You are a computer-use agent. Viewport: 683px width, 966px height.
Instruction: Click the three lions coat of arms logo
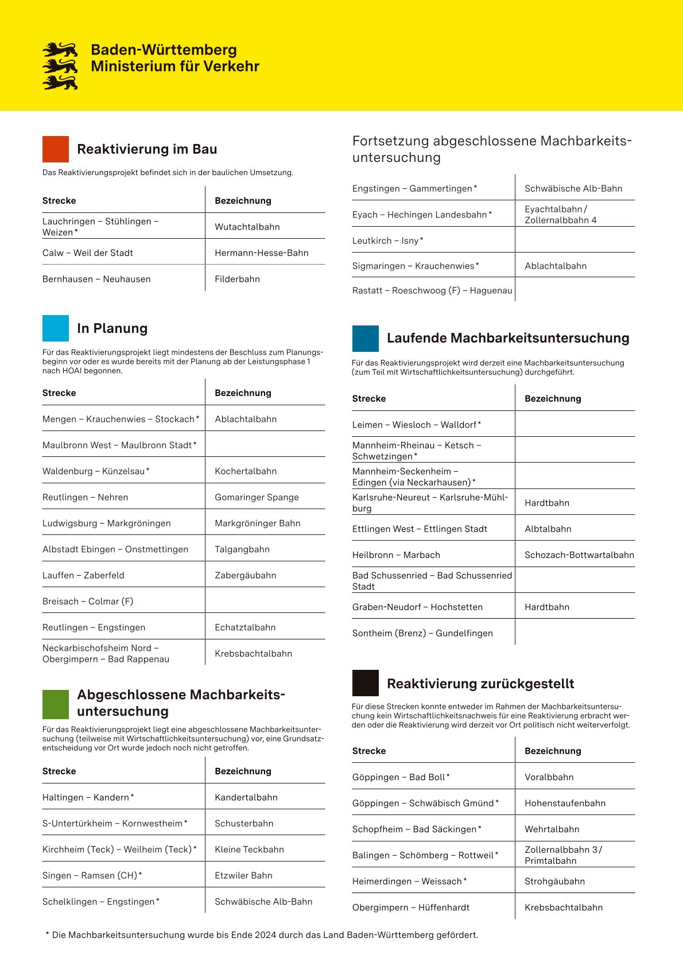pyautogui.click(x=60, y=66)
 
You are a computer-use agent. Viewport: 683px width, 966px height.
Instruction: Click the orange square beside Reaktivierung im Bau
pyautogui.click(x=56, y=149)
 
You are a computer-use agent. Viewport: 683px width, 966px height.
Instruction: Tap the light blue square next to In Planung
pyautogui.click(x=56, y=328)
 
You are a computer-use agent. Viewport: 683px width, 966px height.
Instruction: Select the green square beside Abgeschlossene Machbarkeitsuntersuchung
pyautogui.click(x=56, y=704)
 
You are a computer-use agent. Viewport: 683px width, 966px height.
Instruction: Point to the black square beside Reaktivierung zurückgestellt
pyautogui.click(x=366, y=683)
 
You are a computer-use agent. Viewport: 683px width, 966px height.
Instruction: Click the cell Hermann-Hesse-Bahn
pyautogui.click(x=261, y=253)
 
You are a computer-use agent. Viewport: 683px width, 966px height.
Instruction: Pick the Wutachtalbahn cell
pyautogui.click(x=247, y=227)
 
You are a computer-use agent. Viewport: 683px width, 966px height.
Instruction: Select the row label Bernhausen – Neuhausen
pyautogui.click(x=96, y=279)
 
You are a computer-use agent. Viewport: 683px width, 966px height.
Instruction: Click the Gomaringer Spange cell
pyautogui.click(x=257, y=497)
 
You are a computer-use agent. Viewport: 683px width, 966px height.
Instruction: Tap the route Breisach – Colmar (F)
pyautogui.click(x=88, y=602)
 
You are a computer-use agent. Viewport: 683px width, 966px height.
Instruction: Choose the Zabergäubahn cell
pyautogui.click(x=245, y=575)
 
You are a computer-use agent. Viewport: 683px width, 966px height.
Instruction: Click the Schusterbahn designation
pyautogui.click(x=244, y=824)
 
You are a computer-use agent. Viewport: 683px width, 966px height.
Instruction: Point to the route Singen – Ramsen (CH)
pyautogui.click(x=92, y=876)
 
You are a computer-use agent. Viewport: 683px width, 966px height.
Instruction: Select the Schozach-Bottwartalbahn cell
pyautogui.click(x=579, y=555)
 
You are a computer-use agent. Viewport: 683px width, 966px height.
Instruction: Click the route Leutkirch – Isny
pyautogui.click(x=387, y=241)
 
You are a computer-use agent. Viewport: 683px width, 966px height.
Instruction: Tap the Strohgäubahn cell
pyautogui.click(x=554, y=882)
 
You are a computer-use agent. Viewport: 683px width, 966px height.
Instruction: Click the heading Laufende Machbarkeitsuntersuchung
pyautogui.click(x=508, y=338)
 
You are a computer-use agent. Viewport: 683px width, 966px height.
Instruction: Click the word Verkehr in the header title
pyautogui.click(x=230, y=67)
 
